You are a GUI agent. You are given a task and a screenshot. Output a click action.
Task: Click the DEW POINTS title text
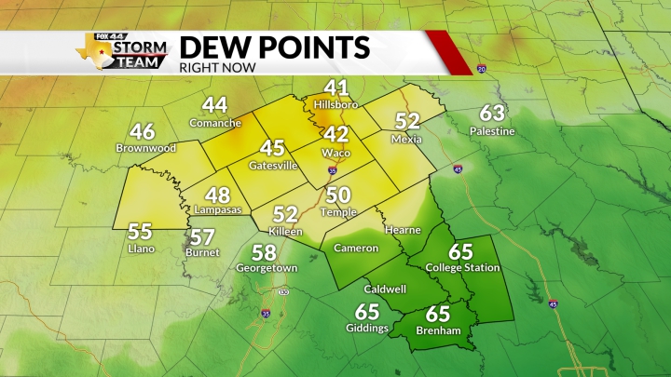point(274,47)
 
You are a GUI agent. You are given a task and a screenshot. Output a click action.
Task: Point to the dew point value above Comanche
point(215,106)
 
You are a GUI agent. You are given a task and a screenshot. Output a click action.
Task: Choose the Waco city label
point(335,153)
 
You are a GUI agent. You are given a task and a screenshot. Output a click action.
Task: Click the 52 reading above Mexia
point(407,121)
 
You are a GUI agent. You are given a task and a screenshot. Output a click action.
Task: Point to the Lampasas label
point(217,210)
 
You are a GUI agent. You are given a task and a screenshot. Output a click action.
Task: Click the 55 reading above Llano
point(140,232)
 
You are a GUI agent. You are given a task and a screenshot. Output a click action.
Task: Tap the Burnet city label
point(202,252)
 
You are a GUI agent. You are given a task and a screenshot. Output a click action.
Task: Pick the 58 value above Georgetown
point(265,252)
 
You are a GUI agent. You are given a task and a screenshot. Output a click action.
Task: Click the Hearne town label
point(403,230)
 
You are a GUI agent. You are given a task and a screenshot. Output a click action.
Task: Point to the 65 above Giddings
point(367,313)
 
